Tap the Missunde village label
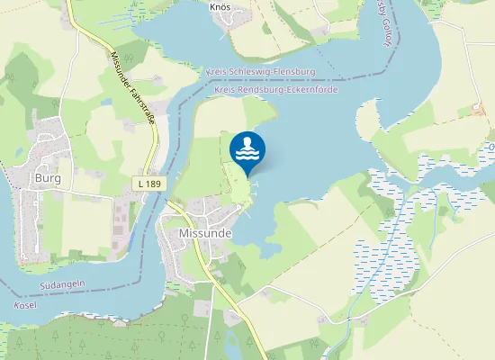coord(200,232)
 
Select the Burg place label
coord(47,177)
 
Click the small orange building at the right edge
coord(477,110)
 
